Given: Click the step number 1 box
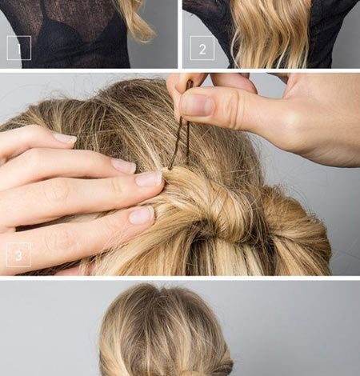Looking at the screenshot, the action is (x=19, y=48).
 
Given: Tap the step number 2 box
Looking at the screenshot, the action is (x=202, y=48).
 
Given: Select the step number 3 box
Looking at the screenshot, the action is (x=18, y=254).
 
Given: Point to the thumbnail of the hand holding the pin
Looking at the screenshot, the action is (x=197, y=105).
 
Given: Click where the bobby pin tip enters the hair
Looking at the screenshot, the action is (x=170, y=169).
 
